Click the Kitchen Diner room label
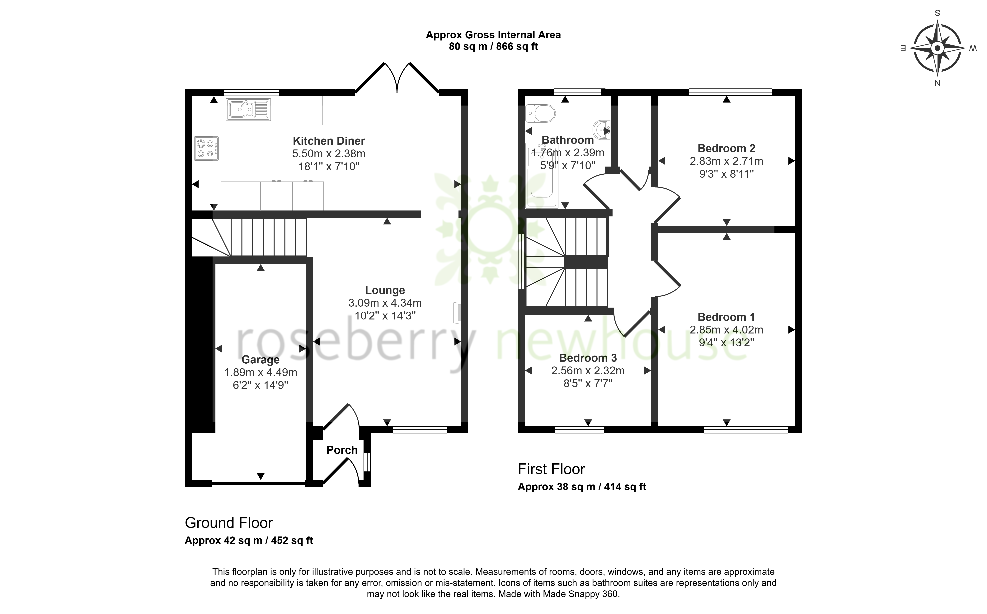(329, 141)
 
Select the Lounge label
(385, 290)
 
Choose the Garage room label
(261, 360)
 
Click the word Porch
(342, 450)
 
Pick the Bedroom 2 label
(726, 148)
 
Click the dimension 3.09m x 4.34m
(385, 303)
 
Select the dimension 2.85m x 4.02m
(726, 330)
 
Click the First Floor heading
(551, 470)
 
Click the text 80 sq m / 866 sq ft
(493, 47)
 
